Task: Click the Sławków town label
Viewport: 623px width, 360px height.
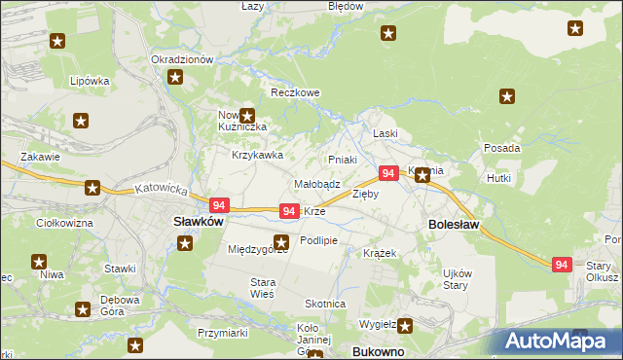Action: pos(199,222)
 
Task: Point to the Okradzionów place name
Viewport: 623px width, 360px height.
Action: pos(182,59)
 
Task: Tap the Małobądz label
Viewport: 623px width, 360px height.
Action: pos(316,183)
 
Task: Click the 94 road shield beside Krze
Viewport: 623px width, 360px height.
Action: pos(289,211)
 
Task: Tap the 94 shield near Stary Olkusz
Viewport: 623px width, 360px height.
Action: pos(561,265)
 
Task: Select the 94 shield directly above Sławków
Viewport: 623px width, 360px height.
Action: pos(219,205)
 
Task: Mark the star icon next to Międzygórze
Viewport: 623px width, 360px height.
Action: pos(282,242)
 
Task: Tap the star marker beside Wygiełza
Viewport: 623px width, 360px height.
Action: pos(403,327)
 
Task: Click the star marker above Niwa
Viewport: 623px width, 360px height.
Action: pos(40,261)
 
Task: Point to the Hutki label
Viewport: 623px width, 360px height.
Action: pos(499,179)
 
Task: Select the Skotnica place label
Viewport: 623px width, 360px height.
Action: pos(325,304)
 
